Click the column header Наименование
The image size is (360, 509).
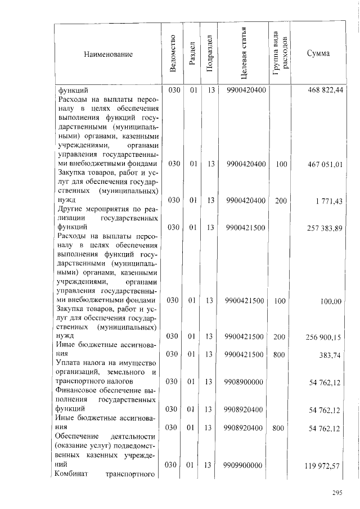[x=107, y=55]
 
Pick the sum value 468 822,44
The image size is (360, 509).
[x=326, y=89]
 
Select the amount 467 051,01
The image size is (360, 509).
[x=326, y=164]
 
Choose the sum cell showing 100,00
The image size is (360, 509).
[x=331, y=301]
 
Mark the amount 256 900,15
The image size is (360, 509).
[x=326, y=337]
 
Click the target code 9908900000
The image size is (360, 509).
[x=245, y=382]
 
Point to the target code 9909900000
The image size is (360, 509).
[x=245, y=465]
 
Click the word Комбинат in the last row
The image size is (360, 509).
[x=69, y=474]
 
